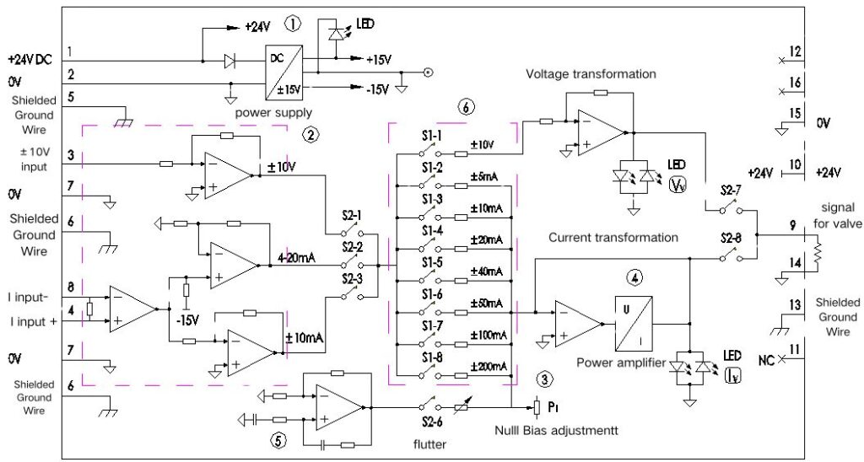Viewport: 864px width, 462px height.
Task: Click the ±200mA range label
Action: click(x=489, y=365)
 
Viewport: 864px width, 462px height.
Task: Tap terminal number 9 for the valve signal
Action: click(x=791, y=226)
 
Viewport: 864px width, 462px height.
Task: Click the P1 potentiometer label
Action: click(x=553, y=407)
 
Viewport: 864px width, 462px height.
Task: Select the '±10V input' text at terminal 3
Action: click(x=35, y=158)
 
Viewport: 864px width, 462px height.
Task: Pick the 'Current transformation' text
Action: click(x=613, y=238)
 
